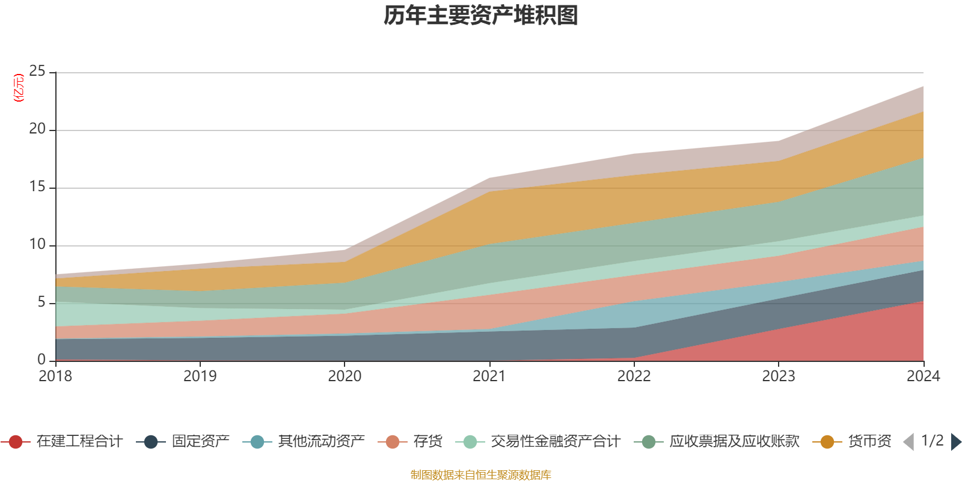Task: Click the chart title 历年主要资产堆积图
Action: (481, 16)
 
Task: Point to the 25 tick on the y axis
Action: (37, 72)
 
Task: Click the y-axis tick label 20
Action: (37, 129)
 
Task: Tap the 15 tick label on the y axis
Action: (37, 187)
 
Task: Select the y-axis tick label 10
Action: (37, 245)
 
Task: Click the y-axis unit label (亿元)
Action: (19, 88)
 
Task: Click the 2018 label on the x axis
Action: (55, 376)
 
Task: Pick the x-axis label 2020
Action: (345, 376)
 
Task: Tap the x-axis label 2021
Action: (489, 376)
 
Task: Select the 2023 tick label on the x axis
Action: (779, 376)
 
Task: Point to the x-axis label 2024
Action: (923, 376)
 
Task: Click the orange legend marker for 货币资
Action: (827, 442)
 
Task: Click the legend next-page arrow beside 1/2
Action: (955, 442)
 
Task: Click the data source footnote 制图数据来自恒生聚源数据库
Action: (481, 475)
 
